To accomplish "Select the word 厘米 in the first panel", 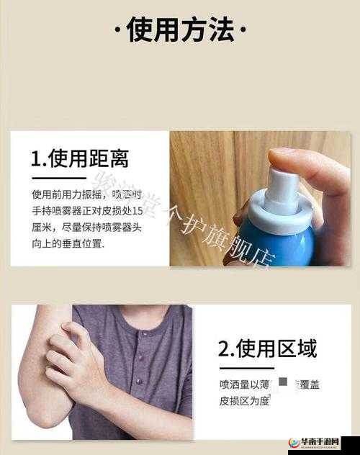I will tap(41, 227).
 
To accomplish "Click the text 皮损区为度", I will tap(244, 401).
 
